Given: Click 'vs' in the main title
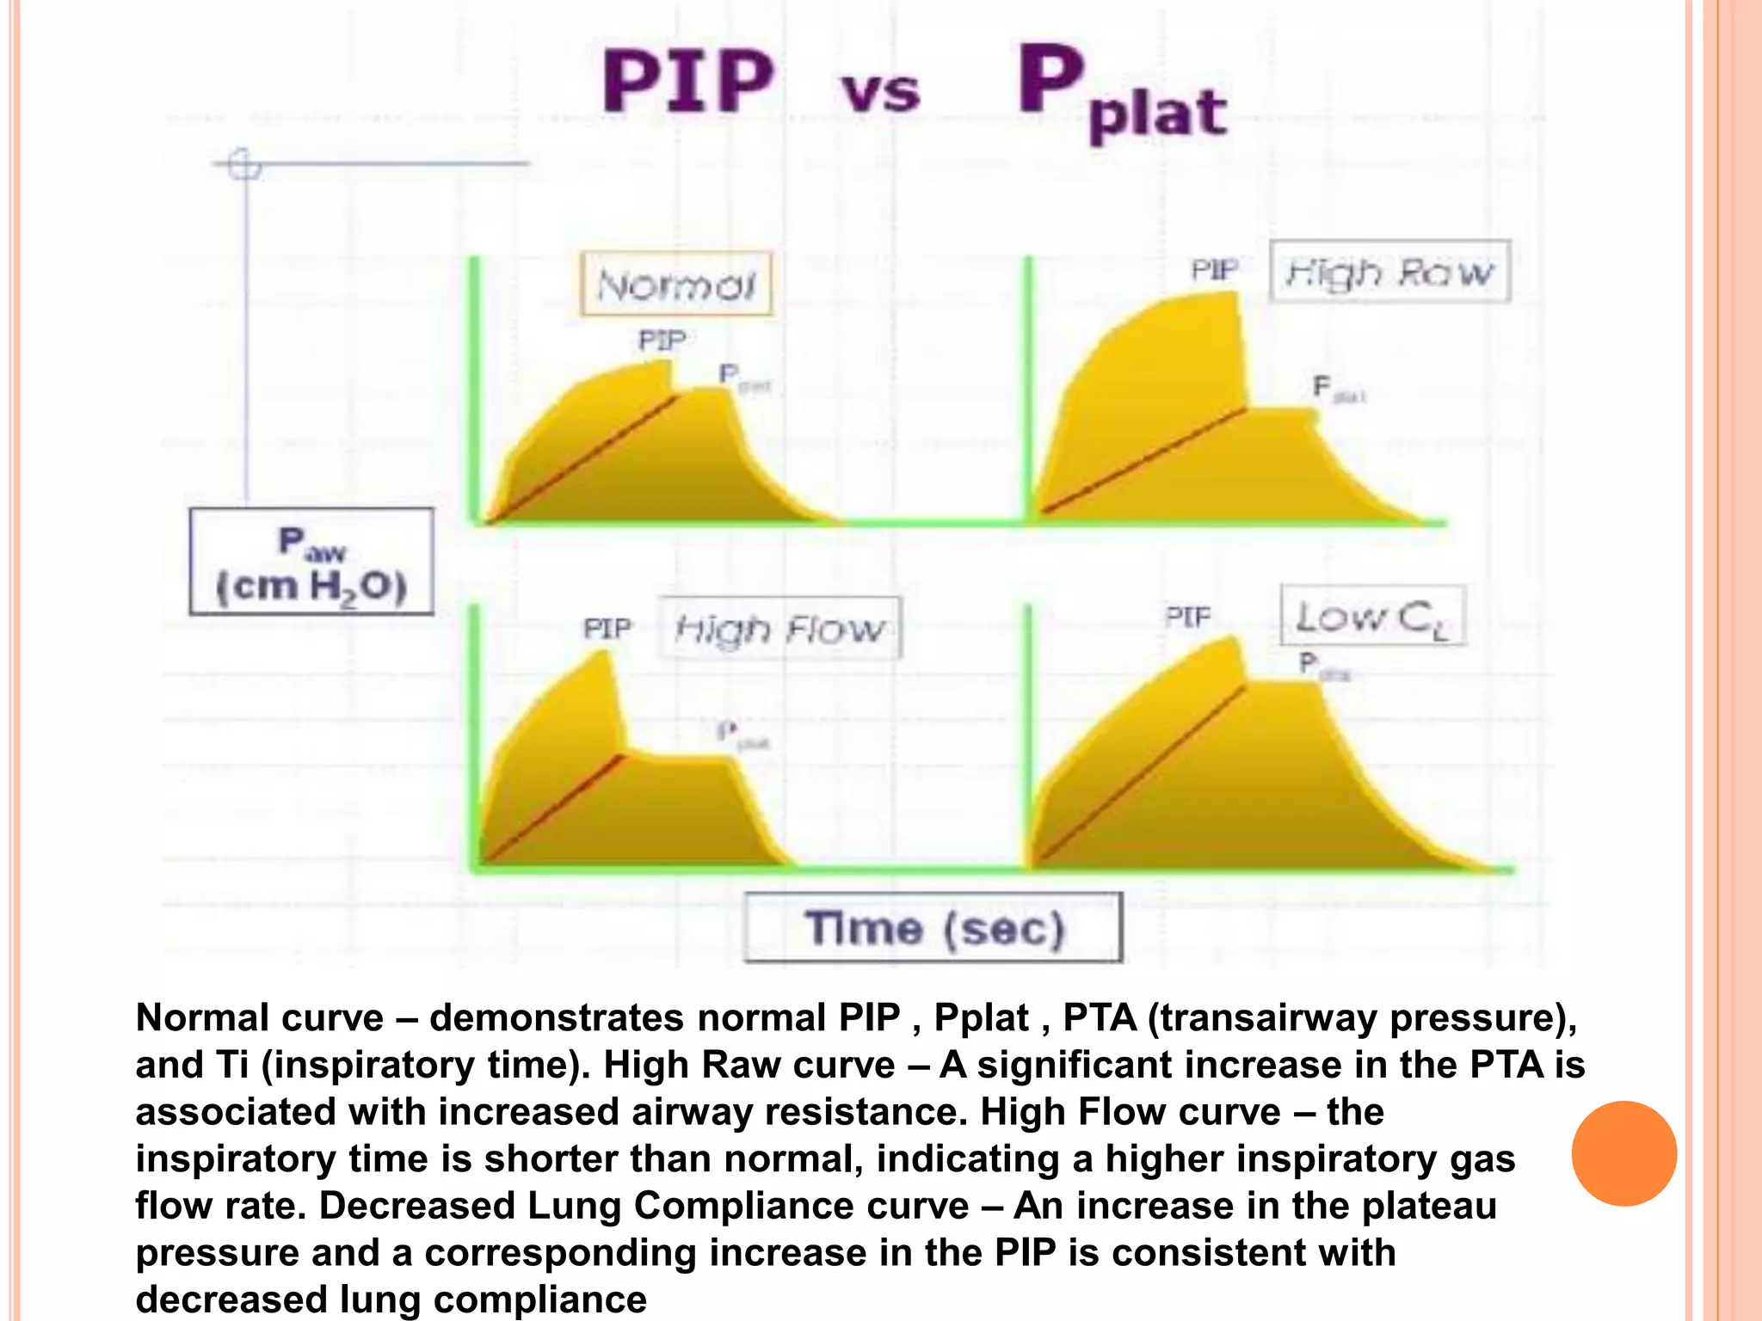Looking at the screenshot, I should pyautogui.click(x=880, y=93).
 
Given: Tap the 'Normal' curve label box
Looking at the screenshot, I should pyautogui.click(x=676, y=284).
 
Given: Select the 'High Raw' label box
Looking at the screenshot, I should pyautogui.click(x=1389, y=271).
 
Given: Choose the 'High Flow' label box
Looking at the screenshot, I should pyautogui.click(x=779, y=629).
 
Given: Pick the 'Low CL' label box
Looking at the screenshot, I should pyautogui.click(x=1371, y=616).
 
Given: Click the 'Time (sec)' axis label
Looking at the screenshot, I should pyautogui.click(x=933, y=928).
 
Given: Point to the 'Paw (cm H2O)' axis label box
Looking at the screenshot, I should pyautogui.click(x=311, y=562).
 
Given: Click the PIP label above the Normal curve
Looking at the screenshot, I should pyautogui.click(x=662, y=341).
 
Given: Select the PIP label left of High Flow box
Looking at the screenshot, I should pyautogui.click(x=607, y=629).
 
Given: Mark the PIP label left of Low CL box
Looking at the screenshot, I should pyautogui.click(x=1188, y=616).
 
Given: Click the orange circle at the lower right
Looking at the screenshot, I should pyautogui.click(x=1623, y=1153).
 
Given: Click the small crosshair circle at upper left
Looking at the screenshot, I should pyautogui.click(x=244, y=163).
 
